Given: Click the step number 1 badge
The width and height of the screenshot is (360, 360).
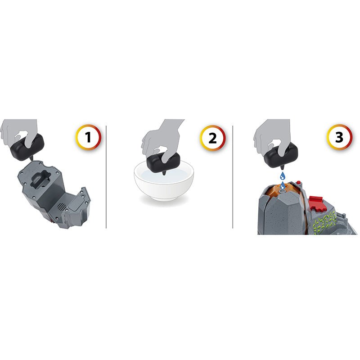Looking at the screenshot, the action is (88, 137).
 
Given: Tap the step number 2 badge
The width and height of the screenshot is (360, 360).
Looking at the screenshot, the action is (212, 138).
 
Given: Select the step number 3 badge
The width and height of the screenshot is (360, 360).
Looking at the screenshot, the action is (339, 137).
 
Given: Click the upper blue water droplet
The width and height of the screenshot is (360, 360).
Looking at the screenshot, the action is (283, 176).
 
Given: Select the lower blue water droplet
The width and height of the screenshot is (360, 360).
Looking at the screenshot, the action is (283, 185).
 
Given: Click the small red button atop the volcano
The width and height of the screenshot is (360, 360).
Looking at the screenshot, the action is (298, 183).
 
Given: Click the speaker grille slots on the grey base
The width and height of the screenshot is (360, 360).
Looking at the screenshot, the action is (61, 207).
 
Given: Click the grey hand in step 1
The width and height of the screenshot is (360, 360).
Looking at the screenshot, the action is (19, 133).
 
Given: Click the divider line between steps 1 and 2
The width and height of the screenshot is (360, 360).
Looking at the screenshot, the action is (106, 177).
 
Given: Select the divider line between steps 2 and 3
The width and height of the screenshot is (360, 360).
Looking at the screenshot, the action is (233, 177).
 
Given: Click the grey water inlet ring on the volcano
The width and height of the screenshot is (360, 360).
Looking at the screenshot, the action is (283, 191).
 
